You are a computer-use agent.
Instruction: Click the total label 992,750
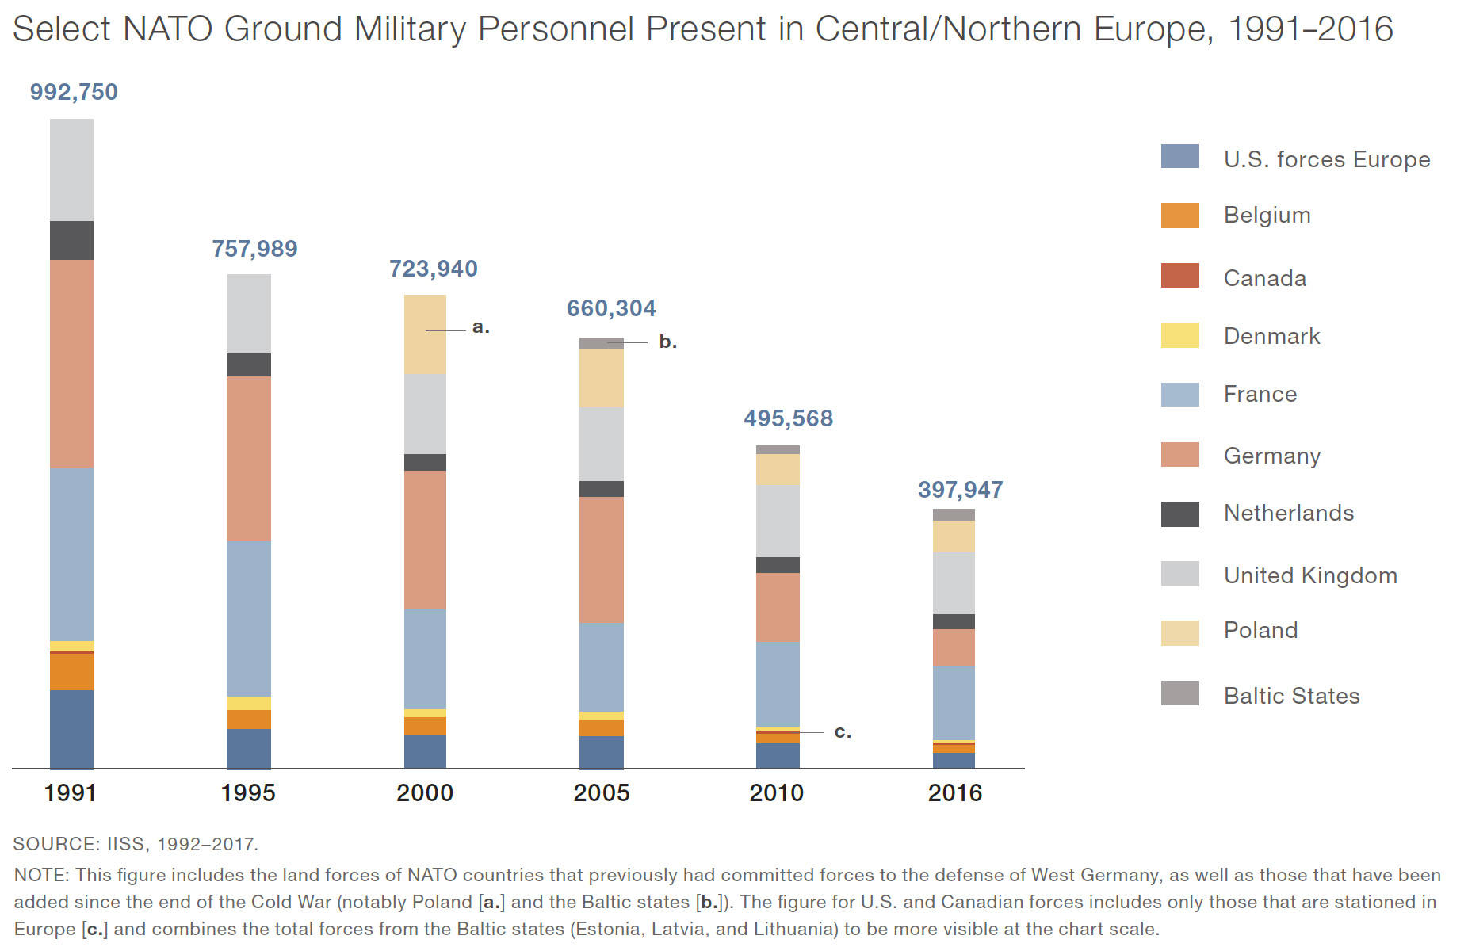coord(74,92)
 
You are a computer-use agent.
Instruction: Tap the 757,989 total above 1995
coord(254,249)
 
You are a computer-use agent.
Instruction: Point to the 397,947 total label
coord(960,490)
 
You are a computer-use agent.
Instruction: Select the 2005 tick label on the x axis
coord(602,792)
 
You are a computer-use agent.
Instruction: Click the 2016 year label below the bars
coord(954,792)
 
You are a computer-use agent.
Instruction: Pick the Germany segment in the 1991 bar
coord(71,363)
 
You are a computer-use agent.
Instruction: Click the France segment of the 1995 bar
coord(249,618)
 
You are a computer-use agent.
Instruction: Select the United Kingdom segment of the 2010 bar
coord(778,520)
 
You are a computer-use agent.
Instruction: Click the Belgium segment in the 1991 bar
coord(71,672)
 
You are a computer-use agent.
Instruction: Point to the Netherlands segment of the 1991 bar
coord(71,240)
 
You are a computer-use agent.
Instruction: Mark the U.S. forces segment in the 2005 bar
coord(602,752)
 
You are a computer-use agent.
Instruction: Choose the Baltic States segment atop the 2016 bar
coord(954,514)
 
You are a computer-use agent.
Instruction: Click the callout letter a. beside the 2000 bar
coord(480,326)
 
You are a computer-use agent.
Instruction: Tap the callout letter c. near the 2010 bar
coord(843,731)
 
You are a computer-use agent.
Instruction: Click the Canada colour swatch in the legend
coord(1179,276)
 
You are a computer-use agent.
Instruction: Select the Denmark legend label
coord(1271,336)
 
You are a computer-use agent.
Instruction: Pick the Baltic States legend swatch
coord(1179,693)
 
